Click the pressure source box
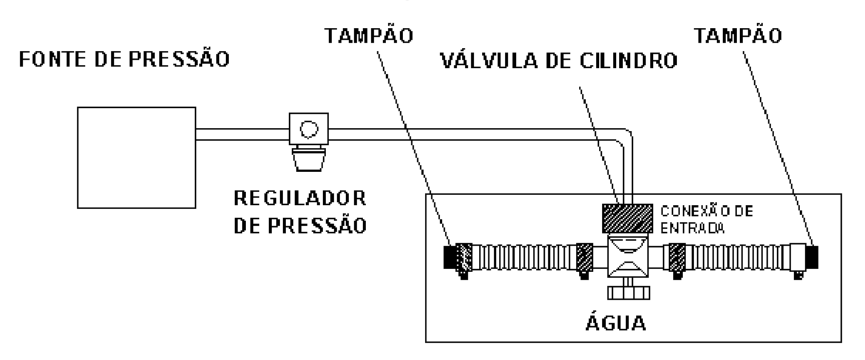[x=136, y=157]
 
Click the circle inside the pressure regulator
[x=308, y=130]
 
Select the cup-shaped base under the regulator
[x=308, y=159]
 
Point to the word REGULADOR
[x=300, y=199]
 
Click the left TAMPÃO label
[x=368, y=36]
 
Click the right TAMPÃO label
[x=738, y=36]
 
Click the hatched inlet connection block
[x=627, y=218]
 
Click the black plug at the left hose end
[x=450, y=257]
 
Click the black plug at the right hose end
[x=812, y=257]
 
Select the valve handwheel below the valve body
[x=628, y=292]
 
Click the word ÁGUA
[x=615, y=323]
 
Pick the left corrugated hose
[x=524, y=257]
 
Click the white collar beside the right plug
[x=798, y=257]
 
